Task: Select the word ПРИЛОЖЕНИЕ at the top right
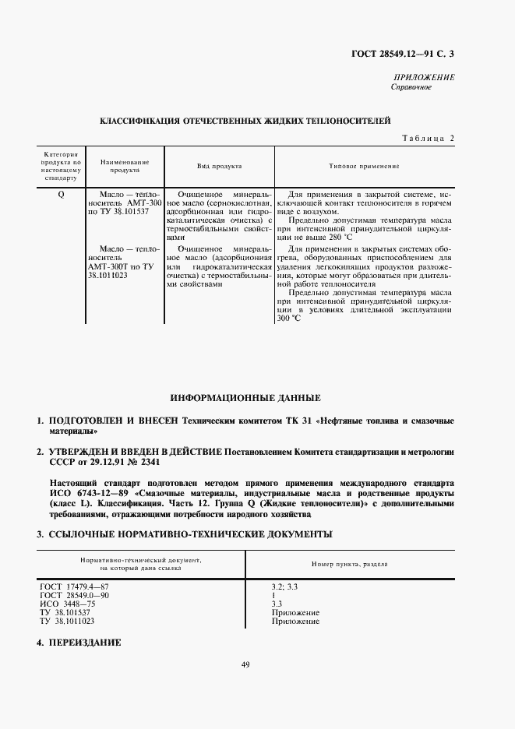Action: click(426, 78)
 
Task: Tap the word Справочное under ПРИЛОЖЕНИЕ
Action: click(411, 87)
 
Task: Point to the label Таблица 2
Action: click(428, 138)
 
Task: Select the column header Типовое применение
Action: click(365, 166)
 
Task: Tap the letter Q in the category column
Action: click(61, 193)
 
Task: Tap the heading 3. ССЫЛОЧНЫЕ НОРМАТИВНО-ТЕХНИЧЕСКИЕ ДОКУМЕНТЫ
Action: click(185, 534)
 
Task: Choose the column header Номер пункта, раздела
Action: click(351, 563)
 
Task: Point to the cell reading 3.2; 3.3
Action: click(283, 586)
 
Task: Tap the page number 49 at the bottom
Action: click(245, 664)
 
